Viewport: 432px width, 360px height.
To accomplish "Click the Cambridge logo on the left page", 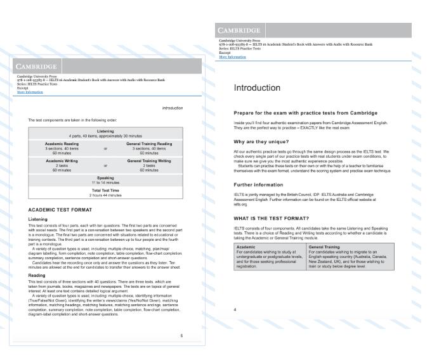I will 37,66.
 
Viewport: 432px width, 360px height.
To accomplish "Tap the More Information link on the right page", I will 232,57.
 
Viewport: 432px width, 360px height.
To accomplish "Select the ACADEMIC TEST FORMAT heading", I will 62,209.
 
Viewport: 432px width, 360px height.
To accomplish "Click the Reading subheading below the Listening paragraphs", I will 37,276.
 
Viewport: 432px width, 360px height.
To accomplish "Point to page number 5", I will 181,335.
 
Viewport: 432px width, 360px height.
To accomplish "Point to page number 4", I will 235,309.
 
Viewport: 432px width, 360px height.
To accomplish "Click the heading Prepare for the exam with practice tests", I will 310,112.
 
